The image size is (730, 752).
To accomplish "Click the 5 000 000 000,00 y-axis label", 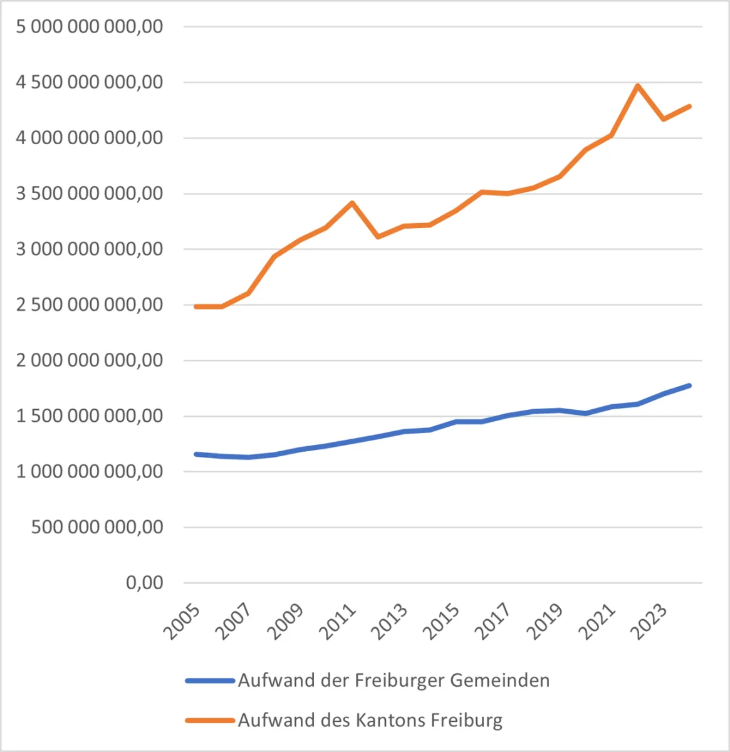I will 90,26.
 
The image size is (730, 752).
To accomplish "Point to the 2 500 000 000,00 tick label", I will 90,305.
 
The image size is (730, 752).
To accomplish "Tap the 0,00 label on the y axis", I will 144,583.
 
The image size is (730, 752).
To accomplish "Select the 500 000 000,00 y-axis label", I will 97,527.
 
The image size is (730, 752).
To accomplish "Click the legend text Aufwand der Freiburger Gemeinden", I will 394,680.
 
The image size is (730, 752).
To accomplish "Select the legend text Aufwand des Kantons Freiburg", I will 370,719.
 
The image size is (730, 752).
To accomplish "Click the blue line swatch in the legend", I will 211,681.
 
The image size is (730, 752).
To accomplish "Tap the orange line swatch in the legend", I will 211,720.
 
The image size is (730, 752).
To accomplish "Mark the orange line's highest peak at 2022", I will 637,85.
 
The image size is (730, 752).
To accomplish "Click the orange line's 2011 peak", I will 352,202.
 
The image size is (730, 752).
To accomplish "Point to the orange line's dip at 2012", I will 378,237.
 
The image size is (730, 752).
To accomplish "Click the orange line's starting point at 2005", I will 196,306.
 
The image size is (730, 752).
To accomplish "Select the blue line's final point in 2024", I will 689,385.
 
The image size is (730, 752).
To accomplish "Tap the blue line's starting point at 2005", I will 196,454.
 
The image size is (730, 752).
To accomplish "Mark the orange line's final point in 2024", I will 689,106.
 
